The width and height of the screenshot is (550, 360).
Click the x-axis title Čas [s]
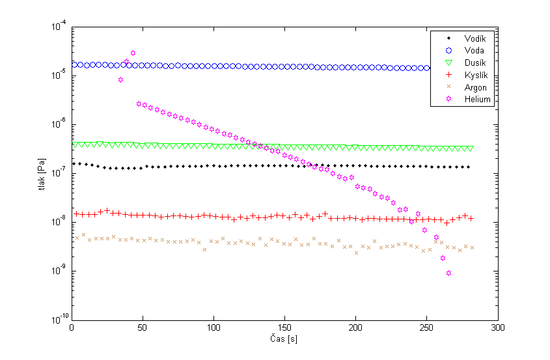(284, 339)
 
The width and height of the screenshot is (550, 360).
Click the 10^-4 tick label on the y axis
(59, 27)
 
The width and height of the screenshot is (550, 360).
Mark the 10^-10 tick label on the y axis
(57, 320)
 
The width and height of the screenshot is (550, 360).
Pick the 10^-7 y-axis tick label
(59, 173)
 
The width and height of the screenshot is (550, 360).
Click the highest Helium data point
(133, 53)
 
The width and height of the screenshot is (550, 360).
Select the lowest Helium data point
(448, 273)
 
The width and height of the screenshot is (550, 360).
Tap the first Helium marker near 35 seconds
(120, 80)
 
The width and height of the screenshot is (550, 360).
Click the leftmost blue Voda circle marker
(74, 64)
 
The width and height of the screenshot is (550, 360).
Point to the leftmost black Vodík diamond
(74, 163)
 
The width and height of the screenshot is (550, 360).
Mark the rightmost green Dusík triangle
(471, 148)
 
